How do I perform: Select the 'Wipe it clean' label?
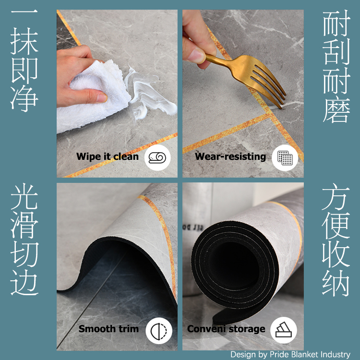point(108,157)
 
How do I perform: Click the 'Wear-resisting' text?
point(230,157)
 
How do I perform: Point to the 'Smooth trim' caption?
point(108,329)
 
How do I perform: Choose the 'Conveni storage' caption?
point(226,329)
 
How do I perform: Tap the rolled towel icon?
point(157,157)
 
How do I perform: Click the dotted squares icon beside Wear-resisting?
point(285,158)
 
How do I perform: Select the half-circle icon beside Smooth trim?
point(159,330)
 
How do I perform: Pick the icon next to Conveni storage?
point(284,330)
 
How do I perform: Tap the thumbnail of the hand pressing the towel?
point(117,94)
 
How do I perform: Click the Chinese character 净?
point(24,99)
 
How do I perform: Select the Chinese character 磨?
point(336,110)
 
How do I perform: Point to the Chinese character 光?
point(24,196)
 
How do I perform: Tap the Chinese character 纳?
point(336,283)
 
